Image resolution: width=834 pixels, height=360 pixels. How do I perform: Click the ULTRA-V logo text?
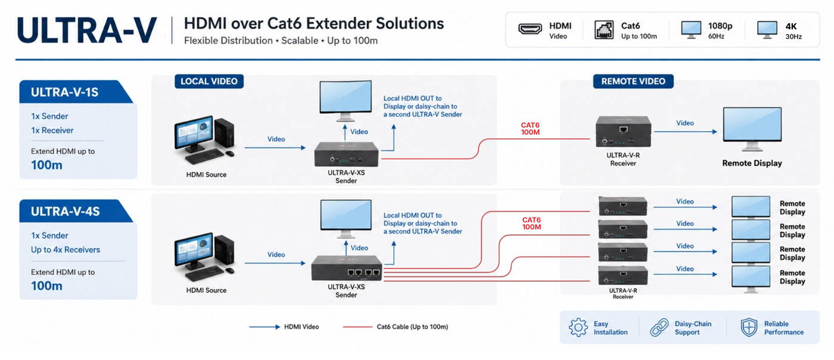click(x=87, y=30)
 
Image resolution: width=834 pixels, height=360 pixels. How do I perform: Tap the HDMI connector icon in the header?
click(x=530, y=29)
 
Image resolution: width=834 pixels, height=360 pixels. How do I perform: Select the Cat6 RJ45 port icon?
click(x=603, y=30)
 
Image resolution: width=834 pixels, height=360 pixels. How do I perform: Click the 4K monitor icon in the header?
click(x=767, y=30)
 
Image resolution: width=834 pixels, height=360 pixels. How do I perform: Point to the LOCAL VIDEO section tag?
click(x=209, y=81)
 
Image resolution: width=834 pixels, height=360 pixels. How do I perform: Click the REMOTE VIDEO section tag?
click(x=633, y=81)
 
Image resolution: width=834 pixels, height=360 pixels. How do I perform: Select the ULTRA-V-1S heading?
click(x=64, y=92)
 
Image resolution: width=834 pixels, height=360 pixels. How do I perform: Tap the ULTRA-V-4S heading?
click(x=65, y=212)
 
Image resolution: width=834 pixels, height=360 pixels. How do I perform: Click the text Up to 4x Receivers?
click(x=66, y=250)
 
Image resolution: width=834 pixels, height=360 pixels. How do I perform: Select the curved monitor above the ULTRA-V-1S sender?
click(x=346, y=101)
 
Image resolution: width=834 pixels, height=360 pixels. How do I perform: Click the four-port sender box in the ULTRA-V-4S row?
click(x=346, y=268)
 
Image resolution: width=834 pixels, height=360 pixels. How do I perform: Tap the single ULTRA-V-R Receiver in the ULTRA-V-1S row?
click(x=623, y=131)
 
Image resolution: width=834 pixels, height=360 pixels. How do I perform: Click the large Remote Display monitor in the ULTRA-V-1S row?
click(x=752, y=129)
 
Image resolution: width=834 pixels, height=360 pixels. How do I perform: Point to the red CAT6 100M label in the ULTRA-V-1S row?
click(x=530, y=129)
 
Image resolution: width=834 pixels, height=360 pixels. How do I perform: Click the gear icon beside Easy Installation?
click(x=578, y=328)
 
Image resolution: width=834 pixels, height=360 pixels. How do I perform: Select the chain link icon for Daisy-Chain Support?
click(x=659, y=328)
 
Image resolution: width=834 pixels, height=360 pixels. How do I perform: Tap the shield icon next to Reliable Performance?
click(x=749, y=328)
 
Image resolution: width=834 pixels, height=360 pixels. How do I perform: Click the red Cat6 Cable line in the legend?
click(x=357, y=327)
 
